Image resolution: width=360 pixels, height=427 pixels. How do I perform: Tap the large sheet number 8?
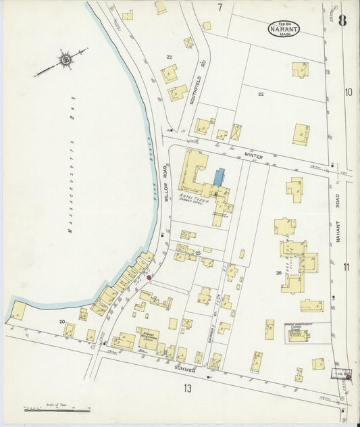point(342,20)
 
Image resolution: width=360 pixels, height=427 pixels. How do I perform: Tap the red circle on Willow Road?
point(149,277)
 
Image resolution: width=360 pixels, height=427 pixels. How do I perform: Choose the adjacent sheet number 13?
point(186,388)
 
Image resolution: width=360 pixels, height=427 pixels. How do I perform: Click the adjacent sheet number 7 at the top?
point(220,7)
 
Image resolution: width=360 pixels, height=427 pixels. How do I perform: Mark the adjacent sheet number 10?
point(348,92)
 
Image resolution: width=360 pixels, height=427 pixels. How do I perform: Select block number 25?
point(198,253)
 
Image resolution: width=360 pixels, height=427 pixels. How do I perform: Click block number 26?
point(259,273)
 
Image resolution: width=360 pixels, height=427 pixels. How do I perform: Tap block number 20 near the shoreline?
point(61,322)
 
